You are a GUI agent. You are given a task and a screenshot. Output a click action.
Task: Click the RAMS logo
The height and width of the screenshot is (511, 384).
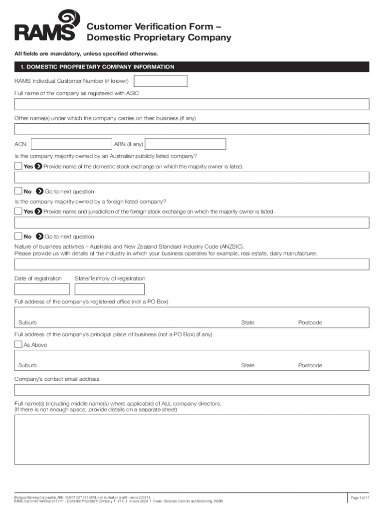click(x=45, y=26)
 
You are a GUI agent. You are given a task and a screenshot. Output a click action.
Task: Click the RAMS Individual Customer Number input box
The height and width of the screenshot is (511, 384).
click(x=161, y=81)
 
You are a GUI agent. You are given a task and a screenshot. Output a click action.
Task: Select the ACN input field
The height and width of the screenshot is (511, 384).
click(x=71, y=144)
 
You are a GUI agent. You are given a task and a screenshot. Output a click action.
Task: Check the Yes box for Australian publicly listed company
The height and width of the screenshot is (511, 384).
click(x=18, y=166)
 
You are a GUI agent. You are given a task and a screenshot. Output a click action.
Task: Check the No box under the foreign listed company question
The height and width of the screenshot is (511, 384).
click(x=18, y=237)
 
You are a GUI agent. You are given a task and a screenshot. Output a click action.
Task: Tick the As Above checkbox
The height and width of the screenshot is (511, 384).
click(x=18, y=345)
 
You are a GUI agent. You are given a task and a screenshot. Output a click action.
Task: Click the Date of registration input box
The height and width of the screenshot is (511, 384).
click(x=42, y=289)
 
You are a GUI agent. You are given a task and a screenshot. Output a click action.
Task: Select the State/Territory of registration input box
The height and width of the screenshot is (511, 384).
click(x=109, y=289)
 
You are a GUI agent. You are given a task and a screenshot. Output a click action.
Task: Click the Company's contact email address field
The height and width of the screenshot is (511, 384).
click(x=192, y=390)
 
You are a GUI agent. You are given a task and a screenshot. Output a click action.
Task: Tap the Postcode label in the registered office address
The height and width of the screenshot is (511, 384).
click(x=310, y=323)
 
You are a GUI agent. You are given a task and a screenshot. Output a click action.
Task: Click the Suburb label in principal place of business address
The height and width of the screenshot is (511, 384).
click(x=27, y=366)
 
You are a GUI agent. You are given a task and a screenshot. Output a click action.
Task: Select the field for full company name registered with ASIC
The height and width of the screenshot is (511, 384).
click(x=192, y=104)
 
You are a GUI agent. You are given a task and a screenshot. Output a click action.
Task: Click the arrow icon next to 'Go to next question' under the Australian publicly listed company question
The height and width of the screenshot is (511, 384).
click(x=39, y=192)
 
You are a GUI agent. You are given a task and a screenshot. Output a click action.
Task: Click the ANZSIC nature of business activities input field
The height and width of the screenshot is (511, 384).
click(x=192, y=264)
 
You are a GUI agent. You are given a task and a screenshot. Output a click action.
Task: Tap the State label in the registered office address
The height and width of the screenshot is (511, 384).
click(x=247, y=323)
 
